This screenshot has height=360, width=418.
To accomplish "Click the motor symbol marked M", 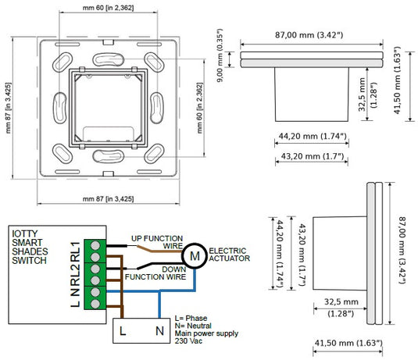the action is pyautogui.click(x=195, y=256).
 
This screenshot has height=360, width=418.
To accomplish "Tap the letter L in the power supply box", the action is pyautogui.click(x=123, y=331).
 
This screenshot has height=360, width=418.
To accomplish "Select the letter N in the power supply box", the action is pyautogui.click(x=159, y=331).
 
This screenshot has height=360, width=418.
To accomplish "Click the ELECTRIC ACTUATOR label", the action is pyautogui.click(x=229, y=255).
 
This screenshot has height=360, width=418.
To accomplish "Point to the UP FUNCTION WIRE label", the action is pyautogui.click(x=157, y=242).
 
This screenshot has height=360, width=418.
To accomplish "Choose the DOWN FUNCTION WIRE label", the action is pyautogui.click(x=155, y=273).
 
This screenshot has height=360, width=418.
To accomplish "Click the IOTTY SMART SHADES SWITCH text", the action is pyautogui.click(x=30, y=247).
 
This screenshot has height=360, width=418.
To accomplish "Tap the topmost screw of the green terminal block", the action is pyautogui.click(x=95, y=245).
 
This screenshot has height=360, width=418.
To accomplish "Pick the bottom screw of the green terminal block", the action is pyautogui.click(x=95, y=304).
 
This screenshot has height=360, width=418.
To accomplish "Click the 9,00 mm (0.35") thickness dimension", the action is pyautogui.click(x=220, y=55).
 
